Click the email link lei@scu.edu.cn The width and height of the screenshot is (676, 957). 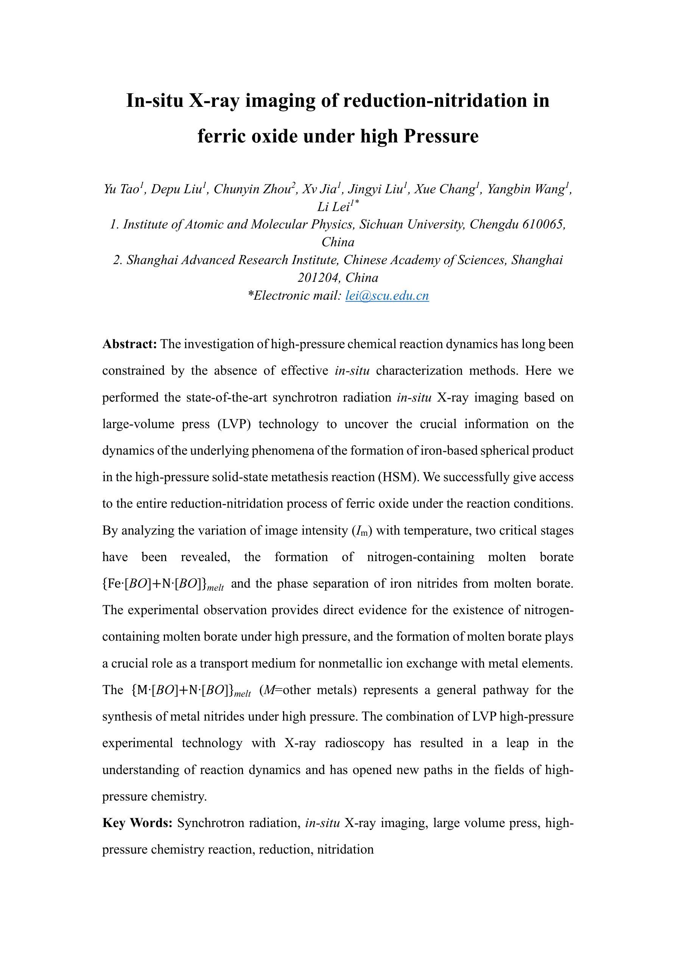(387, 296)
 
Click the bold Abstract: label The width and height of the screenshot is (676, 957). (129, 344)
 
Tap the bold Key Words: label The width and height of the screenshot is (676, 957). (137, 823)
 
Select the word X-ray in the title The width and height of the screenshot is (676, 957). (214, 101)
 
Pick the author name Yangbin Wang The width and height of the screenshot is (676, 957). (526, 189)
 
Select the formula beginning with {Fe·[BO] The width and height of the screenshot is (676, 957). (163, 584)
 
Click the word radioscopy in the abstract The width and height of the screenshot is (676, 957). (355, 743)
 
